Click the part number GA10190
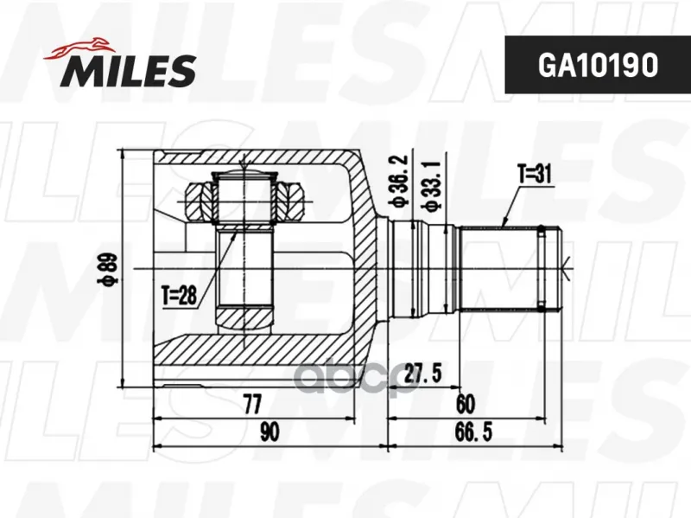598,65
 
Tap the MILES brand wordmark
128,70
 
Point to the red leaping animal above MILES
78,48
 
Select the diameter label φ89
110,269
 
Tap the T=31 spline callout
534,175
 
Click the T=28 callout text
179,295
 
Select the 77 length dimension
252,404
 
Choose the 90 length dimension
269,432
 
